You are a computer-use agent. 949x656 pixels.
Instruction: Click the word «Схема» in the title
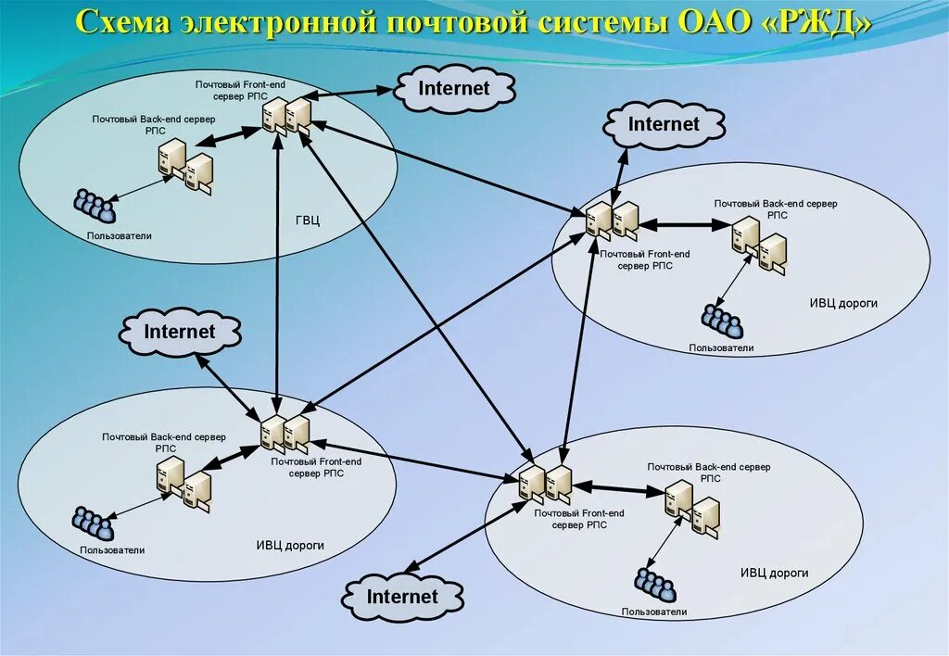click(120, 22)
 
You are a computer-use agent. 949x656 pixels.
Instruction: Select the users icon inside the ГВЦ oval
click(94, 206)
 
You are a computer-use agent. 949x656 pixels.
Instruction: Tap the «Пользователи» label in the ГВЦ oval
click(120, 235)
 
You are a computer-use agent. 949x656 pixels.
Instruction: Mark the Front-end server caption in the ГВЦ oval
click(240, 90)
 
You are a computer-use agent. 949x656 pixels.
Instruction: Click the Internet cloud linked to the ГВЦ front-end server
click(454, 89)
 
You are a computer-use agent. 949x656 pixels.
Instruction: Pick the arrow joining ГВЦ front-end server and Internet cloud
click(352, 93)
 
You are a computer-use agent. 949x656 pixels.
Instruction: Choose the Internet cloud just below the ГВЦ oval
click(180, 332)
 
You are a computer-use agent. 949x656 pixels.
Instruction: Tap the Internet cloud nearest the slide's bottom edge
click(402, 597)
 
